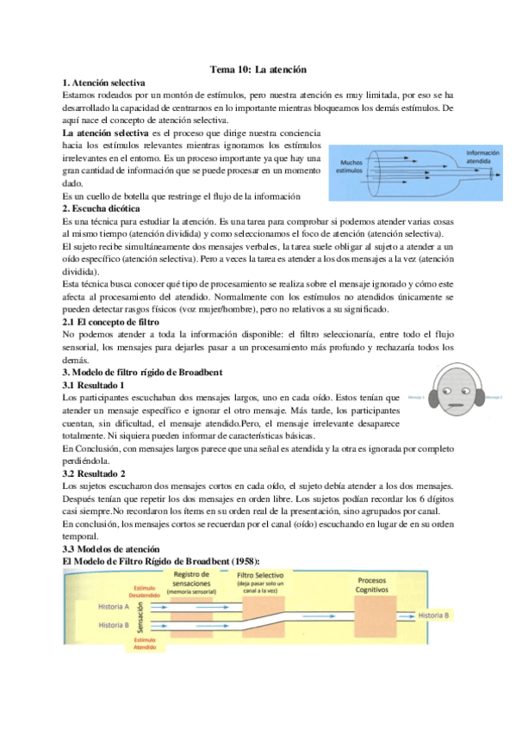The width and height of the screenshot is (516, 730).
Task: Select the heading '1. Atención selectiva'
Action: [x=105, y=83]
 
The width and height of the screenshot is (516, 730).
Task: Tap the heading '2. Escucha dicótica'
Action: [x=103, y=208]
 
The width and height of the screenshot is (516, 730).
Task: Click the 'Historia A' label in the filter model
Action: [x=114, y=607]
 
